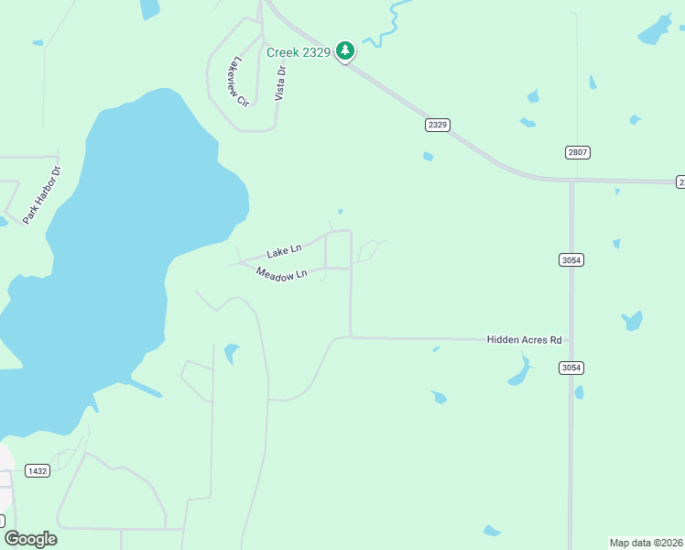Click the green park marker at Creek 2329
(345, 50)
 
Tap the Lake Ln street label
(283, 251)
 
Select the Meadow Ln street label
(281, 274)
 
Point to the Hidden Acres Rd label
(524, 340)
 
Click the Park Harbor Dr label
(42, 195)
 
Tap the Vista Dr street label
(280, 82)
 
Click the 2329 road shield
(438, 125)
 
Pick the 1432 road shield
(38, 471)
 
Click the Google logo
(30, 539)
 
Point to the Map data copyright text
(646, 542)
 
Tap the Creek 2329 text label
(298, 52)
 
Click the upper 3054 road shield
(571, 260)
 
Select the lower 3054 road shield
(571, 368)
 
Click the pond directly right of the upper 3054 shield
(616, 244)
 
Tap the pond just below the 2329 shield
(428, 157)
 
